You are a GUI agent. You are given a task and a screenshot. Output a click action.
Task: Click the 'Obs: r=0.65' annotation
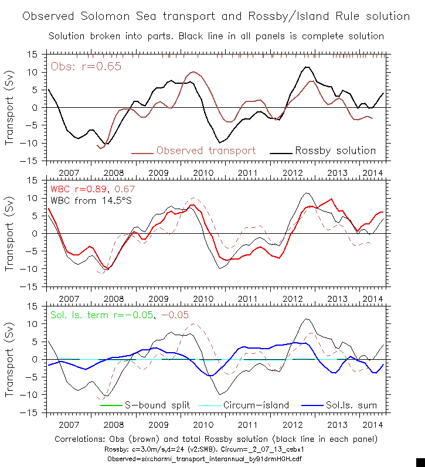coord(86,66)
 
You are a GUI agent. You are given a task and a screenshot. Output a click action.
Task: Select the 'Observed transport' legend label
coord(206,151)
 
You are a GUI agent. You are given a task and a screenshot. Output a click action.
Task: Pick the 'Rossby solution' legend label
coord(335,151)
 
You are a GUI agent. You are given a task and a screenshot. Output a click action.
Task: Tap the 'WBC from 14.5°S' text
coord(88,202)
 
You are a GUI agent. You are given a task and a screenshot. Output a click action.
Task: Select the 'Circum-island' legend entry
coord(256,405)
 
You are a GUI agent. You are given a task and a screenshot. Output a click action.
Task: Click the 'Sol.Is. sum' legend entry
coord(350,405)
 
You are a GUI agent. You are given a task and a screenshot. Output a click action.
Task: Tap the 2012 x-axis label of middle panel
coord(293,298)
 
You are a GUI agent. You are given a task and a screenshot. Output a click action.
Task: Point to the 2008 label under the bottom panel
coord(114,424)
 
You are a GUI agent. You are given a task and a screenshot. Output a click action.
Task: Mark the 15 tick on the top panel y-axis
coord(33,54)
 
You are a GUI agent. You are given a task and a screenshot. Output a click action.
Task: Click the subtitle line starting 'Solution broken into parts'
coord(216,36)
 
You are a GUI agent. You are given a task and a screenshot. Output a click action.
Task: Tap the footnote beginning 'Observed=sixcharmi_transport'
coord(216,458)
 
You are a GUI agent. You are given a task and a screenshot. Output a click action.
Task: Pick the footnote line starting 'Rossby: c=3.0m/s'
coord(216,449)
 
